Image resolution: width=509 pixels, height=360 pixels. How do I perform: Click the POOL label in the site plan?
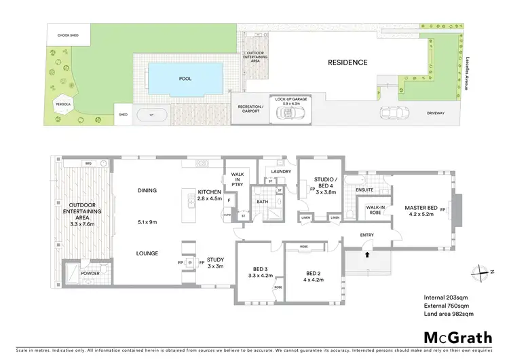(185, 79)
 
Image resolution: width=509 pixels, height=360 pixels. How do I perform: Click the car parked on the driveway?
(392, 112)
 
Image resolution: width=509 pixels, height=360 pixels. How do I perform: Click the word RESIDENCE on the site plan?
(347, 62)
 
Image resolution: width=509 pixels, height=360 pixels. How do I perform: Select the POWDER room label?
(90, 273)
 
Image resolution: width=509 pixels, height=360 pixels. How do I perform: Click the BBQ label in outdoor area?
(88, 164)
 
